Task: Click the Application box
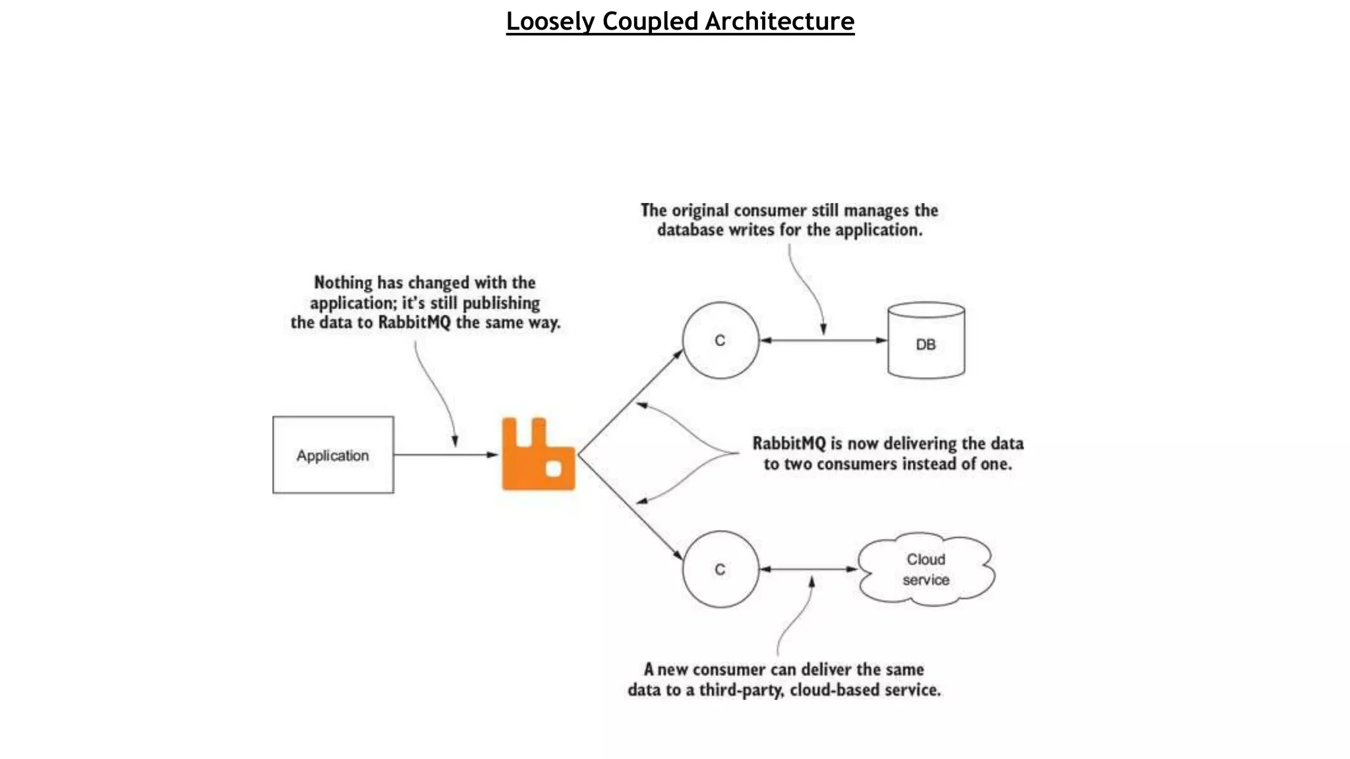[333, 455]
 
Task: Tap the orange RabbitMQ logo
[537, 455]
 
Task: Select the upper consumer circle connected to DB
[720, 341]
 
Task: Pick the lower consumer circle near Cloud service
[720, 569]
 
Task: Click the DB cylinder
[926, 341]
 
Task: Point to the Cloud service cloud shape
[926, 569]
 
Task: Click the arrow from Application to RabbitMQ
[446, 455]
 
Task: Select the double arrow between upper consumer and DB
[823, 341]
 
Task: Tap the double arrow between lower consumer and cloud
[808, 569]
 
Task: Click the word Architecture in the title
[780, 21]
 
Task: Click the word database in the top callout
[690, 230]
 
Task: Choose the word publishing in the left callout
[501, 303]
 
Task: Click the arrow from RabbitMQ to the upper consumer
[630, 402]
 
